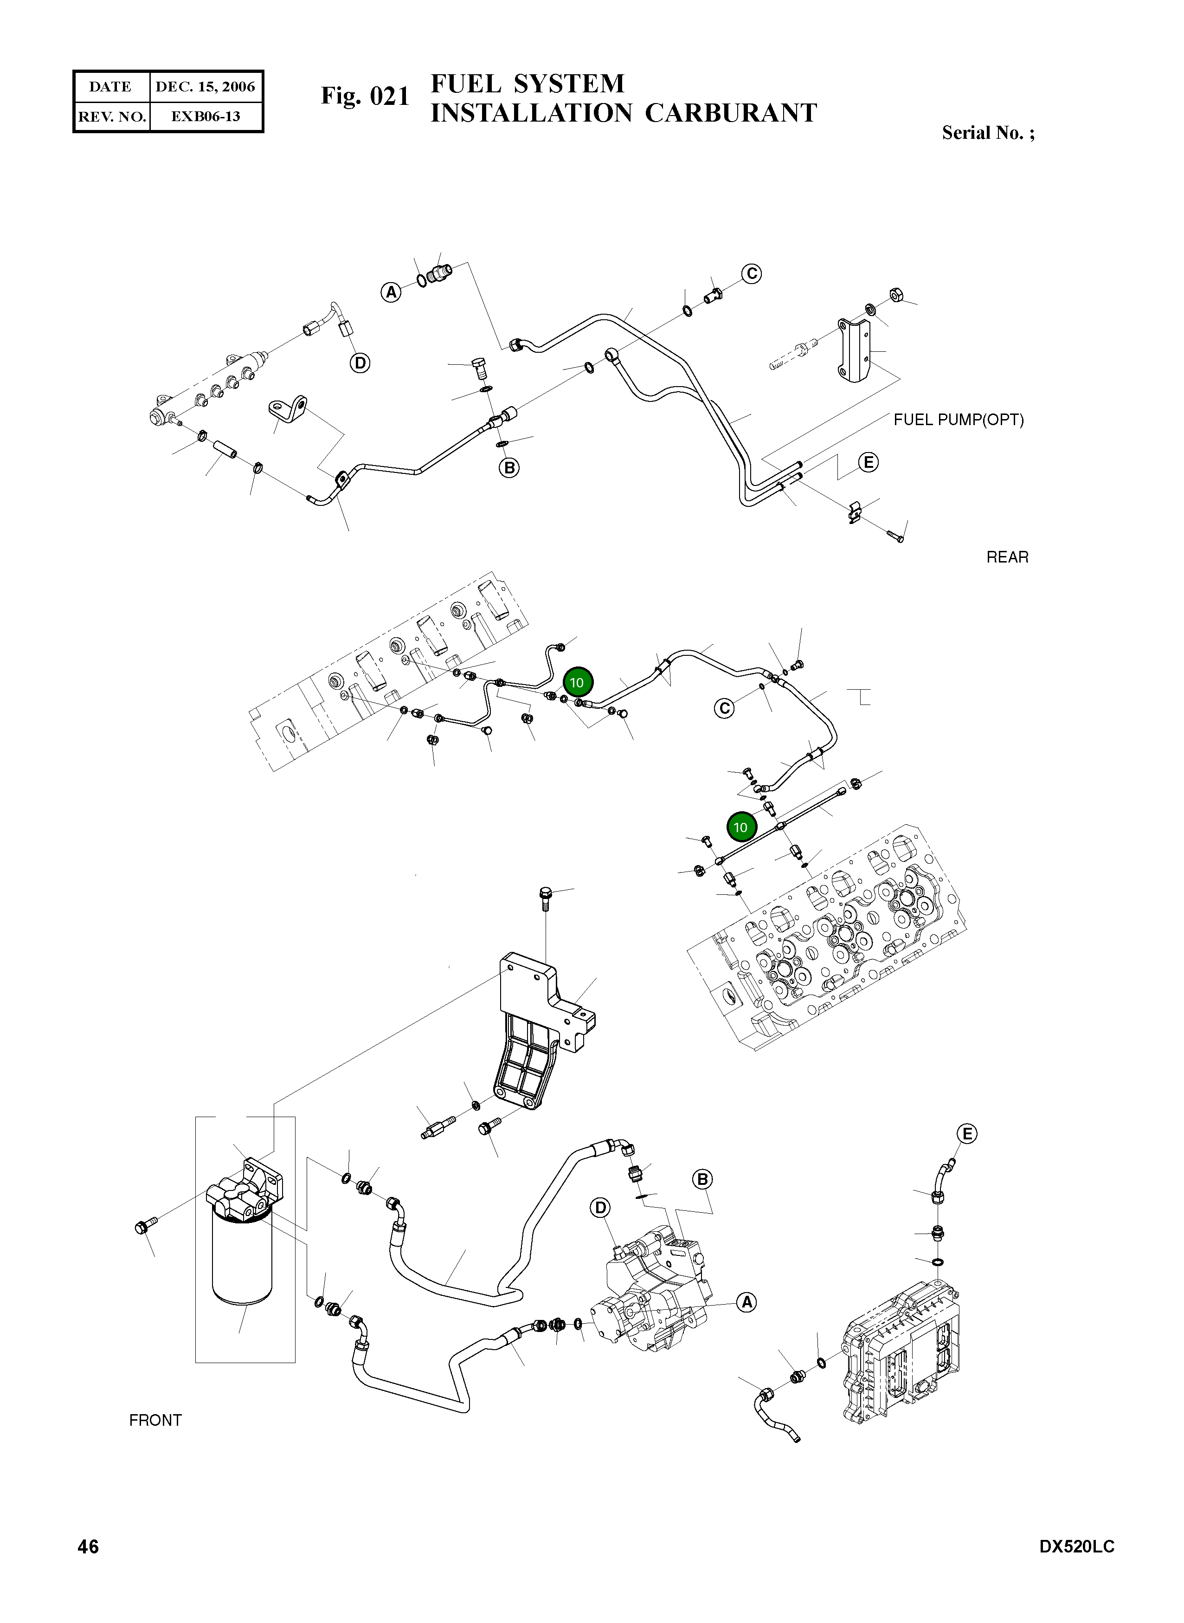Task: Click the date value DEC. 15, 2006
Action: click(205, 87)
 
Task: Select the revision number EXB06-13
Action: click(205, 116)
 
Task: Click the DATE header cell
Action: click(110, 87)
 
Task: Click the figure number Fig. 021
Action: click(365, 96)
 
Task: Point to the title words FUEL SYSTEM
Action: click(528, 84)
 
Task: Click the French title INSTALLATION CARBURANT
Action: click(624, 113)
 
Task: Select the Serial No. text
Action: click(988, 133)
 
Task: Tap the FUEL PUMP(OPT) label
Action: click(958, 420)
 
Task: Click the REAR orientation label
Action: click(1007, 558)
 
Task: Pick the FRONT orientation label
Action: click(155, 1420)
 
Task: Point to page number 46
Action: click(88, 1547)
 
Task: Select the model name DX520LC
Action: click(1076, 1547)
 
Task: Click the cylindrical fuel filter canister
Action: click(242, 1260)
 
